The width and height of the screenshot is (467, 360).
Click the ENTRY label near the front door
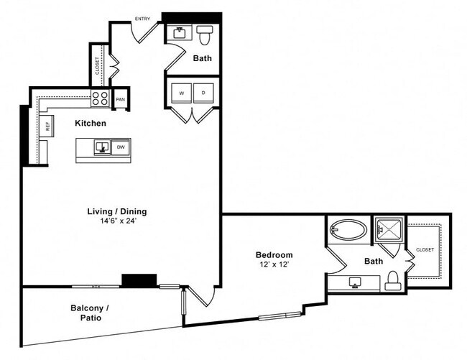142,19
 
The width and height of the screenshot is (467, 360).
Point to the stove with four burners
100,98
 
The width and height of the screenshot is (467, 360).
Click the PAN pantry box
120,99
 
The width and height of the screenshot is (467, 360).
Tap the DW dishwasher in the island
121,147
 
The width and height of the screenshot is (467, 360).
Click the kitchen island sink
103,147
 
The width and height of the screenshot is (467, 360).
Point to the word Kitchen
91,124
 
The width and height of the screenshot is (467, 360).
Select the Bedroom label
274,255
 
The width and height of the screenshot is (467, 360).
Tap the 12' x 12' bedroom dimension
274,266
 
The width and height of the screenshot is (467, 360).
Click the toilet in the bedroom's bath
392,280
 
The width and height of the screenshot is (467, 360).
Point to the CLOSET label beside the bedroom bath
425,249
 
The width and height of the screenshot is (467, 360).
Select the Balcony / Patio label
91,312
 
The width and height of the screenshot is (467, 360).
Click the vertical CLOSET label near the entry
98,65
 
